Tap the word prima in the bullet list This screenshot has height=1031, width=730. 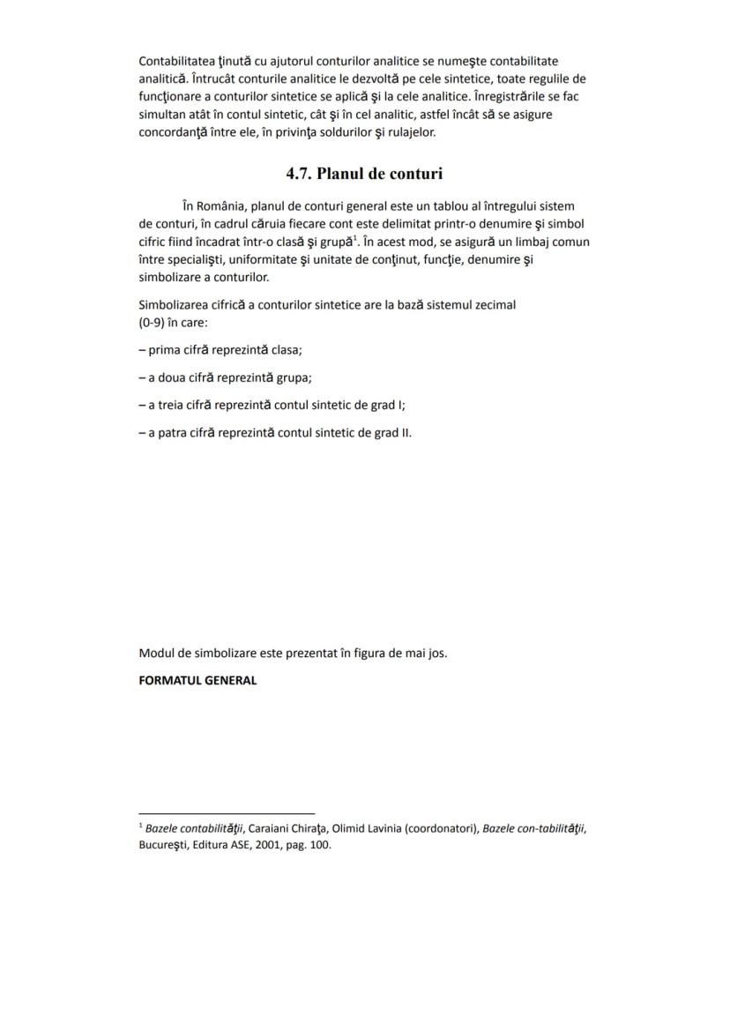(x=164, y=350)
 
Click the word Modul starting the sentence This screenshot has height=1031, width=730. (x=156, y=654)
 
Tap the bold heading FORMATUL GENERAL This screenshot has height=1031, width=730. (x=197, y=681)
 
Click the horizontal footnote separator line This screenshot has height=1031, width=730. (x=227, y=813)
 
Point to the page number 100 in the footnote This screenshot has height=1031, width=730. (x=319, y=845)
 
